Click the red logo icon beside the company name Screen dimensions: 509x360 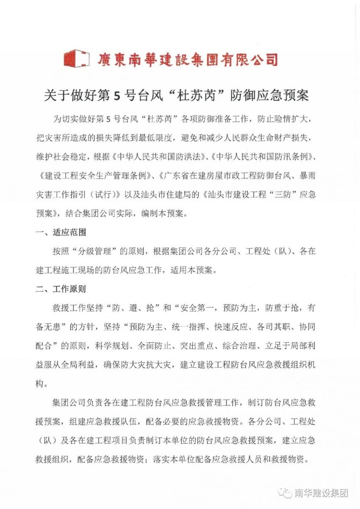(x=76, y=58)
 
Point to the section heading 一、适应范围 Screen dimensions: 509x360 (x=61, y=232)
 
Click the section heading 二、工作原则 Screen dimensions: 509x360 (x=61, y=290)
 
